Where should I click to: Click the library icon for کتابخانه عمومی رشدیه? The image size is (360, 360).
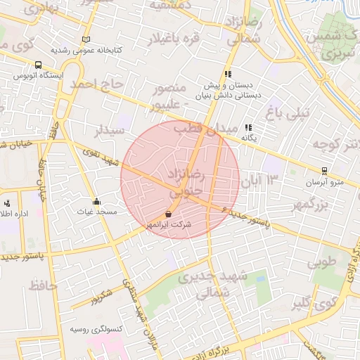[86, 39]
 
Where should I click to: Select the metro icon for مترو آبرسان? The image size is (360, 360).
[323, 170]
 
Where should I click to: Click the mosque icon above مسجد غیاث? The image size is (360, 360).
[96, 202]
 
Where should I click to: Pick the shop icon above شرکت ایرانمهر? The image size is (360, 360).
[168, 214]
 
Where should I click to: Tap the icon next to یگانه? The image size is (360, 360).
[247, 127]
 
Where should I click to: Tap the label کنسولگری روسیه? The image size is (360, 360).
[97, 329]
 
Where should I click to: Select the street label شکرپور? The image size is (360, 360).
[103, 296]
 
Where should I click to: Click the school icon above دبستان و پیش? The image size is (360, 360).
[227, 74]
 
